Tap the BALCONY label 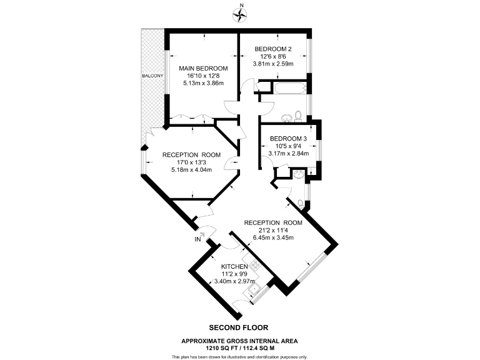tap(152, 76)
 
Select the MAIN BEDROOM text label tap(203, 68)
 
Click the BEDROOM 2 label tap(272, 48)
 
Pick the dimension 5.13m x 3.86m tap(203, 83)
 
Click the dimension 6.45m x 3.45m tap(273, 237)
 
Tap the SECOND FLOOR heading tap(239, 327)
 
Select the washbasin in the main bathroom tap(287, 116)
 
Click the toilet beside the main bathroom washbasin tap(300, 115)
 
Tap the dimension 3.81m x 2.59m tap(272, 63)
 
